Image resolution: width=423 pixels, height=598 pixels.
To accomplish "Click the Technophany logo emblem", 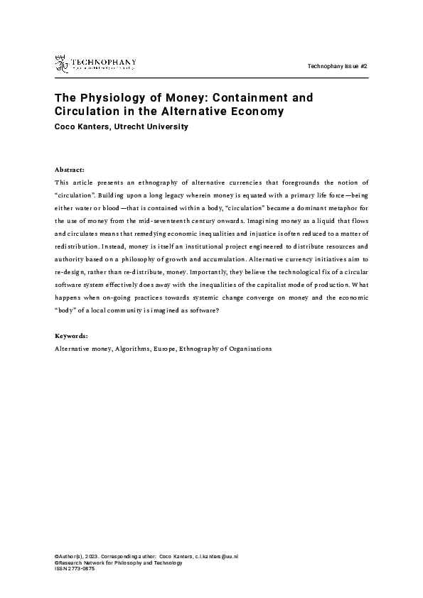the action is [62, 63].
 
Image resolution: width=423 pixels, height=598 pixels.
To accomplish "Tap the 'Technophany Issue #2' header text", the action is [337, 66].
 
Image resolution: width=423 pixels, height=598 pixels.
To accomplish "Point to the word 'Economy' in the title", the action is [260, 112].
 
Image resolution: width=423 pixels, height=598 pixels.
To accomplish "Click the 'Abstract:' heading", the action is [69, 170].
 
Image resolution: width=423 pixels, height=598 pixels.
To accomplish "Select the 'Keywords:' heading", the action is [72, 335].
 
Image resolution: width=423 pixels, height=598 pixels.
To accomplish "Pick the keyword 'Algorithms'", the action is [132, 349].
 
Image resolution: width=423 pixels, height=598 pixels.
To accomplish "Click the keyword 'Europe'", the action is [164, 349].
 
